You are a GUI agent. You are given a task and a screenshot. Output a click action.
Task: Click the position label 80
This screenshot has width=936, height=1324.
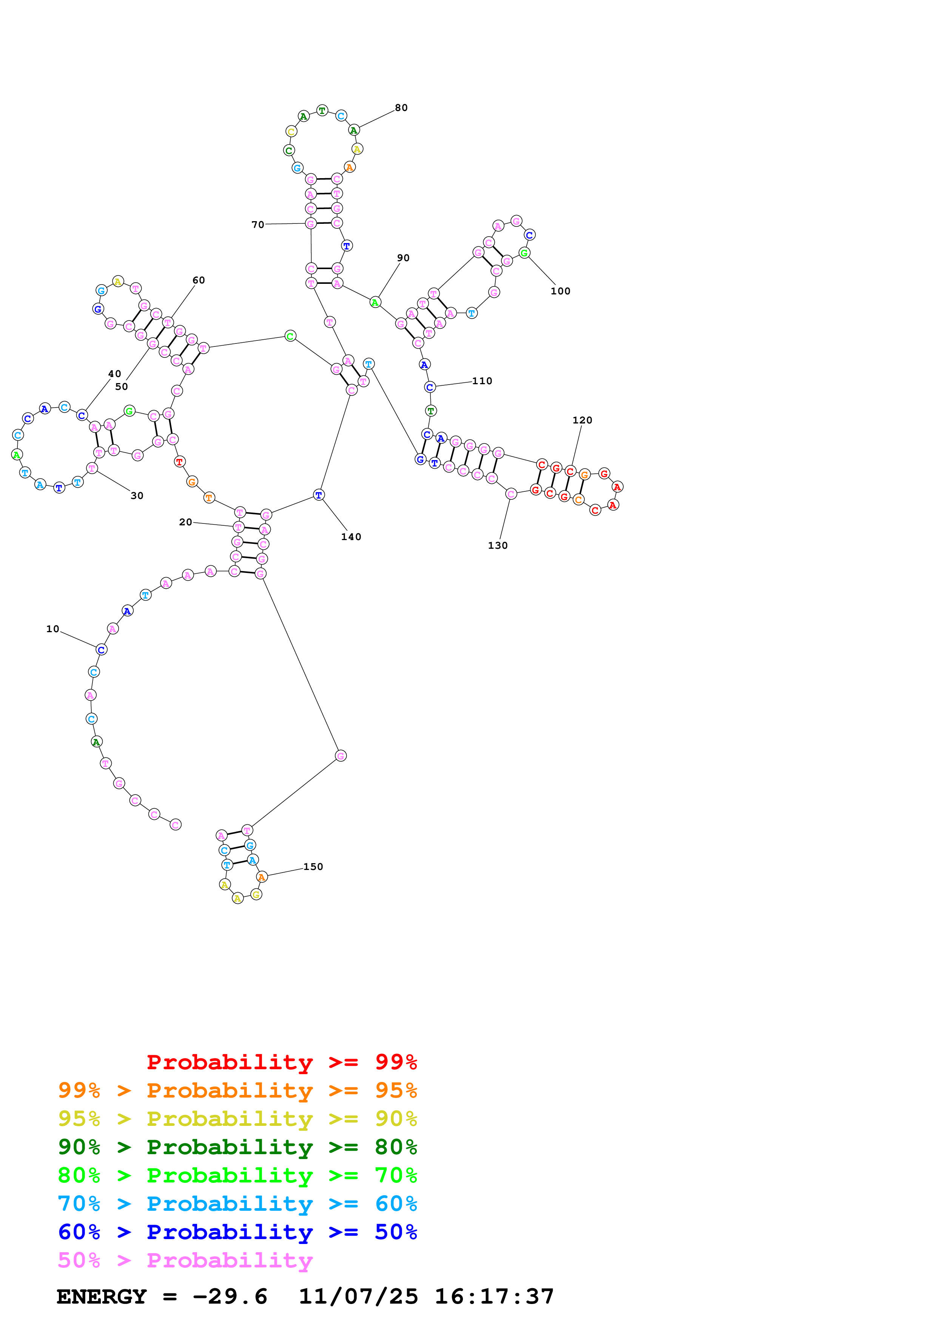[x=401, y=108]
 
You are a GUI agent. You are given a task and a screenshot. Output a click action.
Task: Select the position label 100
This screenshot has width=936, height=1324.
[x=560, y=291]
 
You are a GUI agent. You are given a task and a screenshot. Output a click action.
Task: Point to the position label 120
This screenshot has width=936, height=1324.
[x=582, y=420]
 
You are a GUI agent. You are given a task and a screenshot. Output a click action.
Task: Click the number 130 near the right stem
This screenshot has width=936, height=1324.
[x=498, y=545]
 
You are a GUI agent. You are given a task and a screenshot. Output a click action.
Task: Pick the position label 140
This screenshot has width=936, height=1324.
[x=351, y=537]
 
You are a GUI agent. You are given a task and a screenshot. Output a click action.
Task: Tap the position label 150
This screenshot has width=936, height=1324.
[x=313, y=867]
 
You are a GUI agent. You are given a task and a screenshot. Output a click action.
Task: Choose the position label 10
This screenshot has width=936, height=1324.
[x=52, y=629]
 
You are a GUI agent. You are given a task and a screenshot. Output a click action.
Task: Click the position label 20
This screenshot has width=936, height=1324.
[x=185, y=522]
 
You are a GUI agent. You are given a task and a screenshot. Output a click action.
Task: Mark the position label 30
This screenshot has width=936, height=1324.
[x=137, y=496]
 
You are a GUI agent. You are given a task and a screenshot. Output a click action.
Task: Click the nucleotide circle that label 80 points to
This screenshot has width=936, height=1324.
[x=354, y=130]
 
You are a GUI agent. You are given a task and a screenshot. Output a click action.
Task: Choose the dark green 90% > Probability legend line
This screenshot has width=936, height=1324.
[x=237, y=1147]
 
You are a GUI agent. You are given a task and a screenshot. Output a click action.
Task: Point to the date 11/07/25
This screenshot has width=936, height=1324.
[x=358, y=1297]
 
